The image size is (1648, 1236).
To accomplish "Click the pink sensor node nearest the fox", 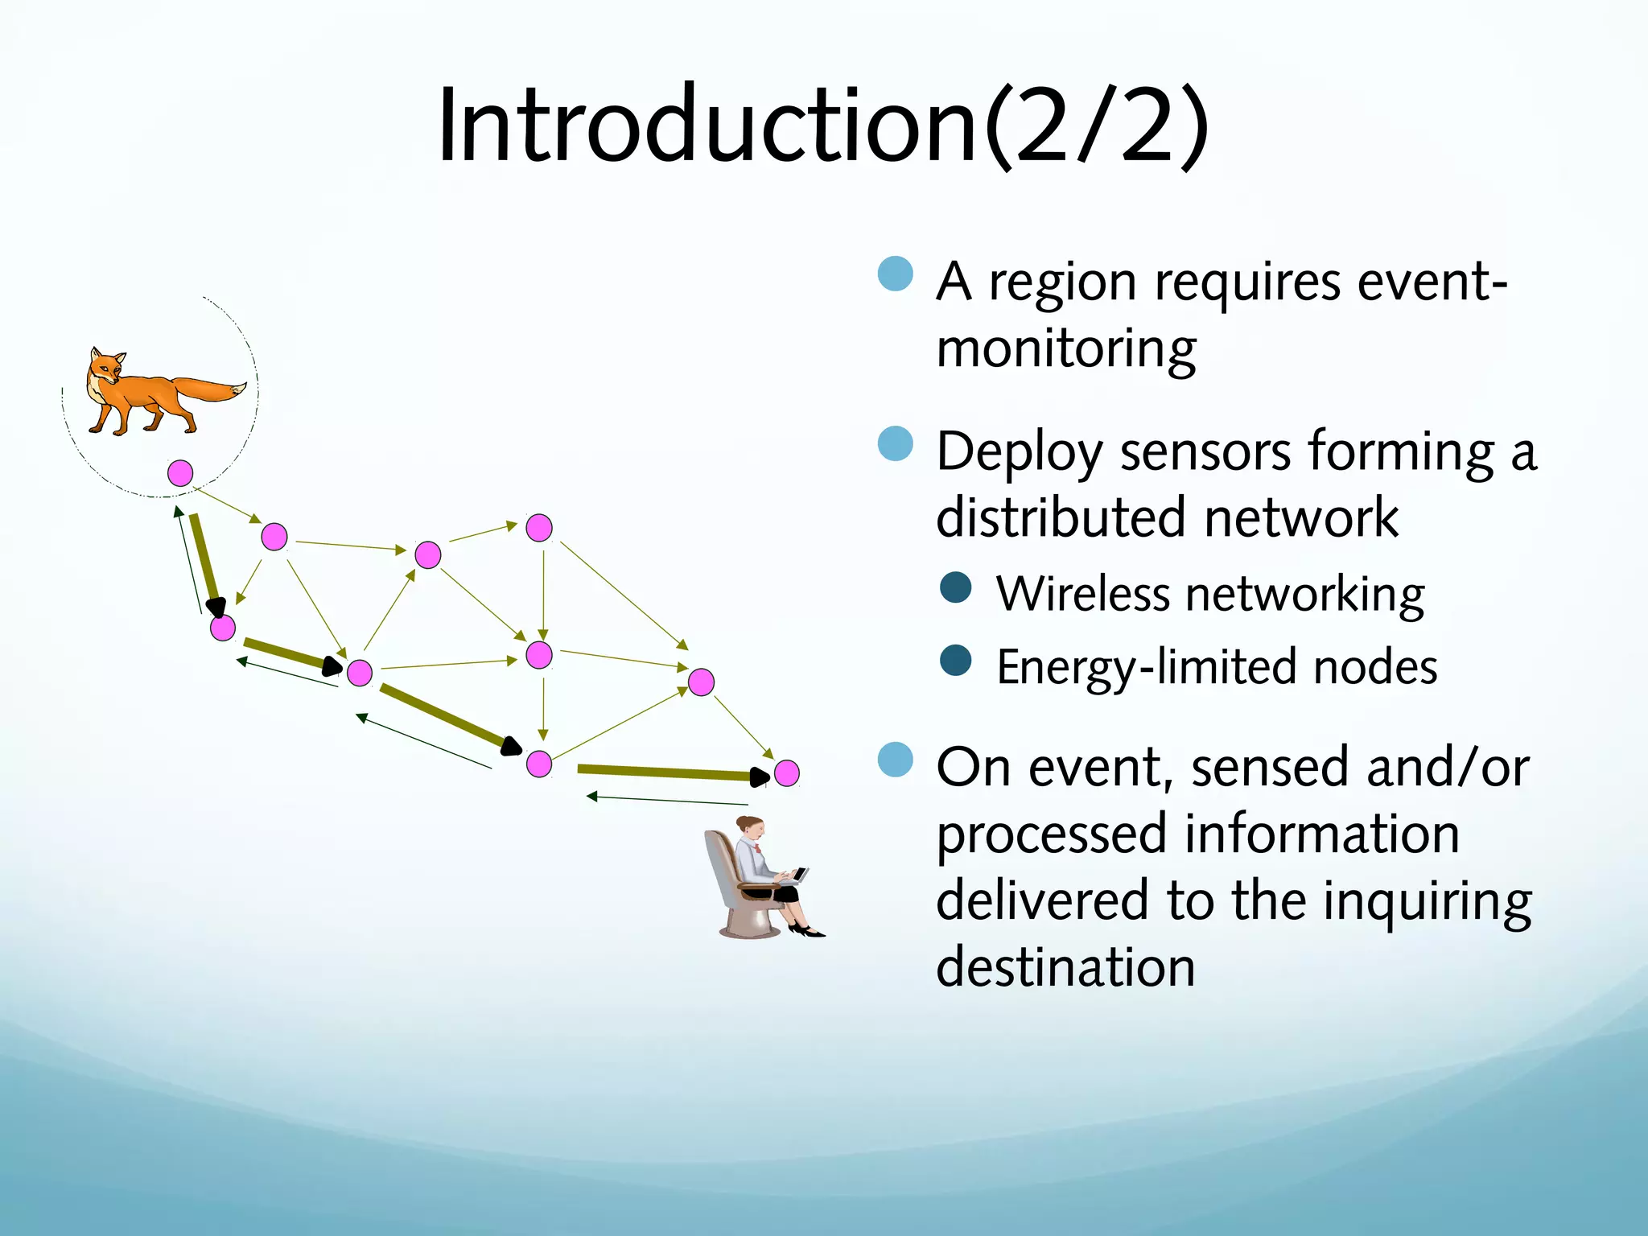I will pos(180,473).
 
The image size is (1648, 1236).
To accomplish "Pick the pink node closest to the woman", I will pos(786,773).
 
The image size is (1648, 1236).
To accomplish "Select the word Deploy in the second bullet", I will pos(1019,451).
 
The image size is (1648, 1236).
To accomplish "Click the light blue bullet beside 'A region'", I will pos(896,274).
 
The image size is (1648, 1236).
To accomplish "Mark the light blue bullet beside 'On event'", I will pos(896,760).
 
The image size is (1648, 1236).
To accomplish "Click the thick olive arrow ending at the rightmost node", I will pos(668,772).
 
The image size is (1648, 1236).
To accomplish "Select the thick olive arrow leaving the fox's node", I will pos(205,563).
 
